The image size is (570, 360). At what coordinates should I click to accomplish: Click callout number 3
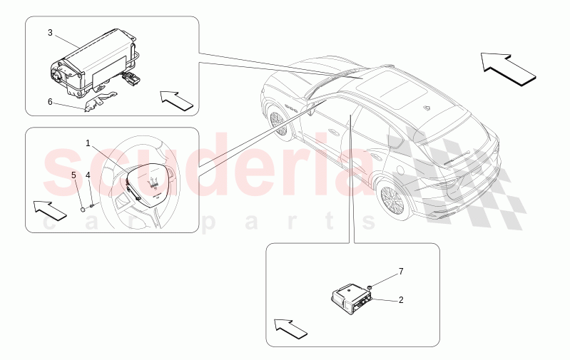coord(50,33)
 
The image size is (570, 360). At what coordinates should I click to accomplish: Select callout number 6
coord(50,101)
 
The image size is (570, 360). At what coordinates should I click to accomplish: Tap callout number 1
coord(88,143)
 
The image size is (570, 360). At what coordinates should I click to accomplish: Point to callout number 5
coord(74,174)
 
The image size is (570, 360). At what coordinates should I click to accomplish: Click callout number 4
coord(88,175)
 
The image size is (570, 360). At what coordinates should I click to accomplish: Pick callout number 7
coord(401,272)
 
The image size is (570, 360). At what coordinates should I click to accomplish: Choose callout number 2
coord(401,300)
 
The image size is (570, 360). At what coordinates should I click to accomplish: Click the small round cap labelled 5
coord(83,210)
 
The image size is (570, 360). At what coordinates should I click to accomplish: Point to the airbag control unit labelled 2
coord(350,299)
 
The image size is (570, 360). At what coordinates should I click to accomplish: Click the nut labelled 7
coord(371,287)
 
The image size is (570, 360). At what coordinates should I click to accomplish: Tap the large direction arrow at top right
coord(508,68)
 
